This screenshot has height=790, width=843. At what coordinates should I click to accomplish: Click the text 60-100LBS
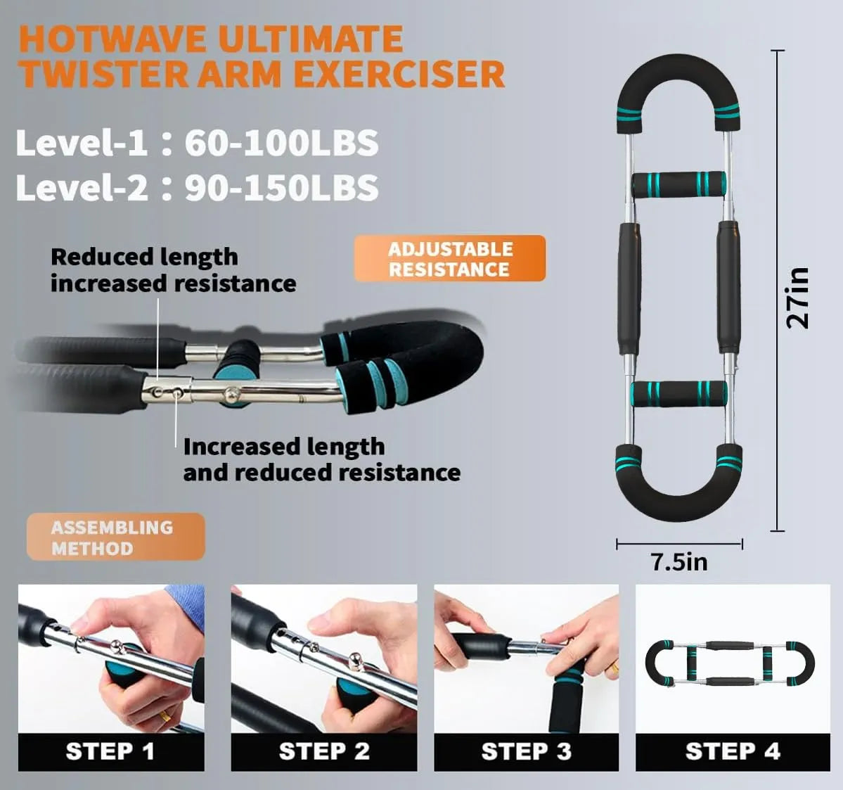(x=281, y=143)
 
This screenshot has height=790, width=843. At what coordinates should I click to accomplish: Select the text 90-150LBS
(x=281, y=188)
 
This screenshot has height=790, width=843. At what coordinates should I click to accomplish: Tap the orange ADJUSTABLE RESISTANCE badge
(x=450, y=259)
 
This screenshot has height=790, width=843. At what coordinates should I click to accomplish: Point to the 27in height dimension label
(x=798, y=298)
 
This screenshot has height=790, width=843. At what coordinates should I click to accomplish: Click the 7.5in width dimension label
(x=678, y=562)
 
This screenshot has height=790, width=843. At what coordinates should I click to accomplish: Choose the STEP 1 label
(x=110, y=751)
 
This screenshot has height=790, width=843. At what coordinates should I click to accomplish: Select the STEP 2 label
(x=324, y=751)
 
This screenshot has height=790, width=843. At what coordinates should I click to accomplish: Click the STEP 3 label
(x=526, y=751)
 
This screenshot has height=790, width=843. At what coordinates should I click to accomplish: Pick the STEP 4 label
(x=733, y=751)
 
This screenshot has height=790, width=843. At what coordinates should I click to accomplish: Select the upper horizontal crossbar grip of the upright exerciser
(x=678, y=184)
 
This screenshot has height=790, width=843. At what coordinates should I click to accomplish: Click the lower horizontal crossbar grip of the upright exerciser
(x=678, y=394)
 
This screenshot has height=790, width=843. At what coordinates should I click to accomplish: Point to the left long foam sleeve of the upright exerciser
(x=629, y=288)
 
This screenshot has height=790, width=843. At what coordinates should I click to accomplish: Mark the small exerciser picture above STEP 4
(x=731, y=663)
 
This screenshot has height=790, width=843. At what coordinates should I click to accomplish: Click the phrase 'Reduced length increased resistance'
(x=173, y=270)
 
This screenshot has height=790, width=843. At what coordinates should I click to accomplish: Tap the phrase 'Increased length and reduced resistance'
(x=321, y=459)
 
